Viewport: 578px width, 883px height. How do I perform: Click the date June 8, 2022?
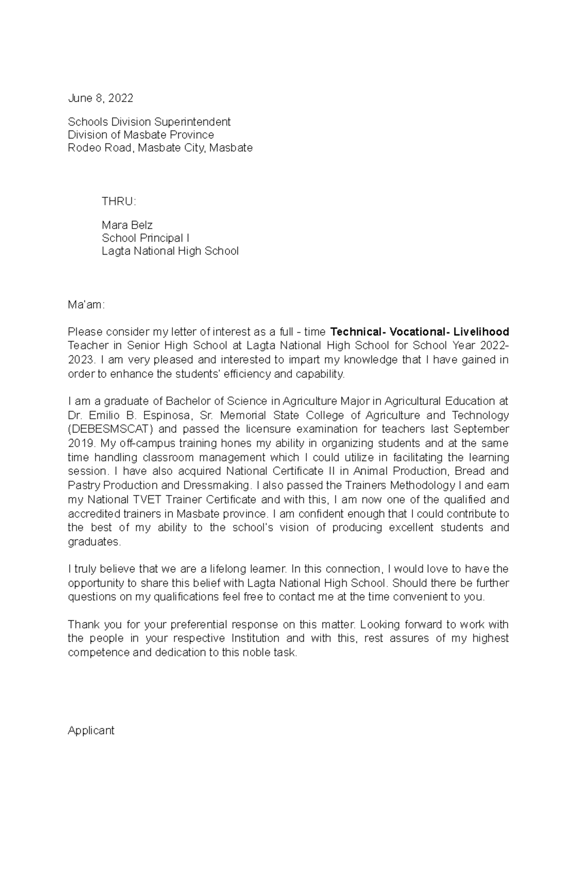(100, 98)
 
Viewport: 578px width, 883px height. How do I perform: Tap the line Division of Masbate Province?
(141, 135)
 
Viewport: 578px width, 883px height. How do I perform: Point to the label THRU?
(118, 201)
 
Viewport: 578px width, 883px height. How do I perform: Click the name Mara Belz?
(127, 225)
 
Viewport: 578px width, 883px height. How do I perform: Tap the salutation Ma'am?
(86, 305)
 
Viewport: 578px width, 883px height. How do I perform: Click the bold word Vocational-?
(419, 332)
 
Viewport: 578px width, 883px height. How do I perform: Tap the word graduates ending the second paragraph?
(94, 541)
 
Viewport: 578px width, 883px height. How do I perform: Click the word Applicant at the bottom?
(91, 730)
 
